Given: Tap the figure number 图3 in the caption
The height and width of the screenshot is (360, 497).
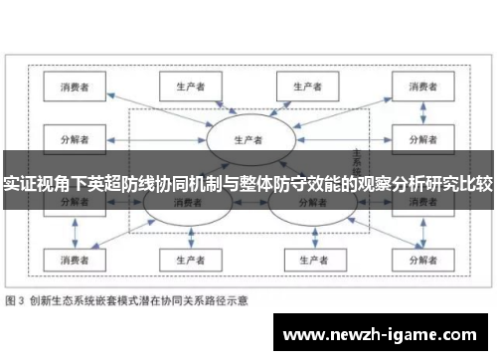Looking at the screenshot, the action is pyautogui.click(x=19, y=299).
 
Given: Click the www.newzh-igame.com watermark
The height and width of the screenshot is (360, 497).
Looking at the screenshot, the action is pyautogui.click(x=378, y=334).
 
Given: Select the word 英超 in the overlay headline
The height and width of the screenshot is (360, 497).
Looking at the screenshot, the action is pyautogui.click(x=132, y=183).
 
